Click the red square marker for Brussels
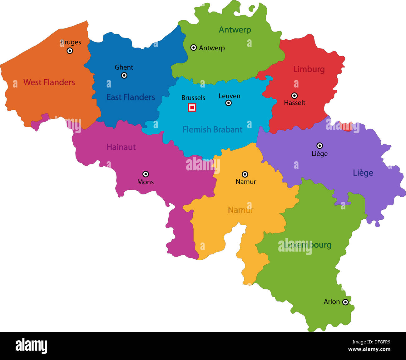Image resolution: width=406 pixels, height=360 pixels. tap(192, 108)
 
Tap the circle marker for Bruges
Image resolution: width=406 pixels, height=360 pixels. tap(70, 51)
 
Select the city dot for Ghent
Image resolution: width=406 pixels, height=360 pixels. tap(124, 75)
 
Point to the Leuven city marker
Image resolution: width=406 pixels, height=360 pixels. tap(229, 103)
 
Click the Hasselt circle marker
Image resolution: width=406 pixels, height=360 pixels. tap(294, 96)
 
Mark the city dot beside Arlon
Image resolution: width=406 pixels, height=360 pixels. tap(345, 302)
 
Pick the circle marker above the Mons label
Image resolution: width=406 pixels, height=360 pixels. tap(146, 174)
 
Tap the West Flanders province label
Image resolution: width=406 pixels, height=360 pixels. tap(49, 82)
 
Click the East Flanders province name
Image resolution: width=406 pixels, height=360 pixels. tap(131, 97)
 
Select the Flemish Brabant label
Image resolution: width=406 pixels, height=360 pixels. tap(212, 129)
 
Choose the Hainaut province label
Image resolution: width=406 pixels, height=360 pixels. tap(121, 147)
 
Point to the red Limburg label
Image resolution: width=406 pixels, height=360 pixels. tap(309, 69)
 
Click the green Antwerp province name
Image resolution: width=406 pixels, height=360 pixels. tap(235, 30)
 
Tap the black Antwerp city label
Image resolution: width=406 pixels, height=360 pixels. tap(212, 48)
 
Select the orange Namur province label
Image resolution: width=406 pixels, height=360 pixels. tap(240, 210)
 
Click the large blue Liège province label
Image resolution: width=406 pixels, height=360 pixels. tap(363, 173)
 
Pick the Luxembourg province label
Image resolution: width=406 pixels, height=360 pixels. tap(308, 245)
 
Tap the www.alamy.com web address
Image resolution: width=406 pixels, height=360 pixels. tap(369, 350)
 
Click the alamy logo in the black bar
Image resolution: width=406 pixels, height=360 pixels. tap(32, 346)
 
